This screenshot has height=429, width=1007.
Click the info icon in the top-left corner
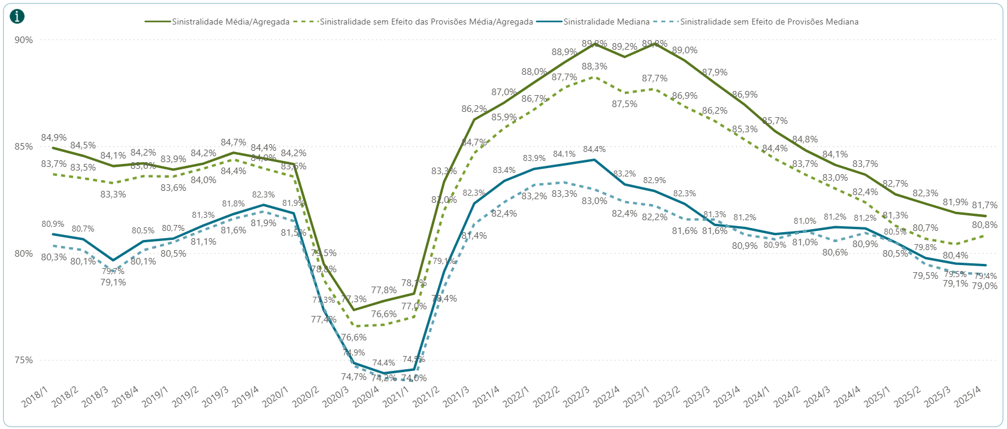[x=18, y=16]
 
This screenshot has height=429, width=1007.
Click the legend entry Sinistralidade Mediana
[x=606, y=22]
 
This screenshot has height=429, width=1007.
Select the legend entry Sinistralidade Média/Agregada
[x=230, y=22]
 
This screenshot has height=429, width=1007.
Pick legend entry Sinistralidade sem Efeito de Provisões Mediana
[x=769, y=22]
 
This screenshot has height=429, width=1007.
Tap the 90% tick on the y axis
[x=23, y=40]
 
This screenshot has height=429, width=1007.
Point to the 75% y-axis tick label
[x=23, y=360]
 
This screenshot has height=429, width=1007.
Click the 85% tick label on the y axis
[x=23, y=147]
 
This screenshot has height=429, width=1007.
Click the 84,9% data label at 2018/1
[x=53, y=138]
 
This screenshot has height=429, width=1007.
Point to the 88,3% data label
[x=594, y=66]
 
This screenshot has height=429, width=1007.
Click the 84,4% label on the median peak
[x=594, y=150]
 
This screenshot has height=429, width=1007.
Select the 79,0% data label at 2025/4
[x=985, y=286]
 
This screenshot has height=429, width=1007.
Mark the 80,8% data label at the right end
[x=985, y=225]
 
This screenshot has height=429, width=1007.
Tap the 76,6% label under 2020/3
[x=354, y=337]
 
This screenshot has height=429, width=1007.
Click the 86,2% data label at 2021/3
[x=474, y=109]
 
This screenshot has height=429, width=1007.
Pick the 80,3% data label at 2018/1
[x=53, y=258]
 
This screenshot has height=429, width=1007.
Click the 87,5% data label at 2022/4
[x=624, y=104]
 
